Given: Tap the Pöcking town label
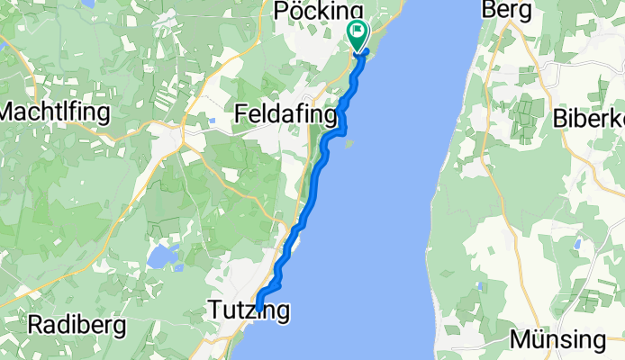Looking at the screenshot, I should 311,11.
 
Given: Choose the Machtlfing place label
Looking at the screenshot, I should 55,113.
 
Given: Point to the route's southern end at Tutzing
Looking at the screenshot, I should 258,305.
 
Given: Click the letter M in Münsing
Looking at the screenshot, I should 520,340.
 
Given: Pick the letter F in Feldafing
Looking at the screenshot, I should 241,114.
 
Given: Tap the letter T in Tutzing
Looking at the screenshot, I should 214,311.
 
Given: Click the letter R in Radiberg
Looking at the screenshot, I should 36,324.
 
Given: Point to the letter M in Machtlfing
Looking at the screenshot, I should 11,113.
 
